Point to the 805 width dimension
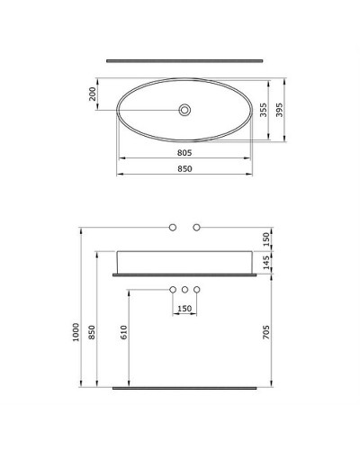[x=184, y=153]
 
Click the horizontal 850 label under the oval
[x=184, y=169]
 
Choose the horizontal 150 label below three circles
[x=184, y=310]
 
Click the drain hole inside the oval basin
[x=184, y=111]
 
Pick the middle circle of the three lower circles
[x=184, y=290]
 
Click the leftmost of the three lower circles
[x=173, y=290]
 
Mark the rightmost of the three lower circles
[x=196, y=290]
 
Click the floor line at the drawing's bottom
[x=184, y=388]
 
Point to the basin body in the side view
[x=184, y=258]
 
